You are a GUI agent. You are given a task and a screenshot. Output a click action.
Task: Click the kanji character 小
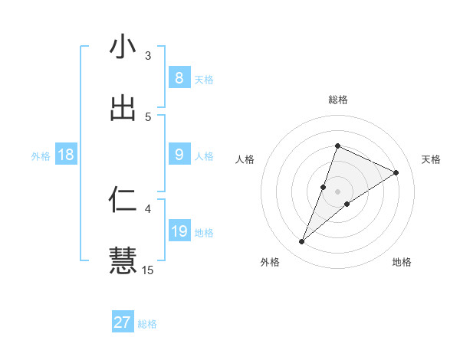coord(123,47)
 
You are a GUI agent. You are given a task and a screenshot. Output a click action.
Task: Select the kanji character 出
coord(123,108)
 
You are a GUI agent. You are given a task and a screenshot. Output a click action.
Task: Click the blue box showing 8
coord(179,78)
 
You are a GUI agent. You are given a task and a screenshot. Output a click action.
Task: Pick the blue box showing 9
coord(179,155)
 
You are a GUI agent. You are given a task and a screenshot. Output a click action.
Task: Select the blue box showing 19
coord(179,231)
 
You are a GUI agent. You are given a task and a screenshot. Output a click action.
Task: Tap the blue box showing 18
coord(66,155)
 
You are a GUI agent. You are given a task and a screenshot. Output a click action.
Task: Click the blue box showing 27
coord(123,322)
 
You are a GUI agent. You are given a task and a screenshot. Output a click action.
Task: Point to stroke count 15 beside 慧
coord(148,270)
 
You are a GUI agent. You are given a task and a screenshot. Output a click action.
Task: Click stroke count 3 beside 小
coord(148,55)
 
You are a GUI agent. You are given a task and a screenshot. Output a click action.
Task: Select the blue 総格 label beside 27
coord(147,324)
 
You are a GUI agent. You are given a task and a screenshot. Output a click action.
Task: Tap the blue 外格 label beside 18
coord(41,155)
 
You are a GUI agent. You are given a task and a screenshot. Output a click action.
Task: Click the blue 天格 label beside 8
coord(204,79)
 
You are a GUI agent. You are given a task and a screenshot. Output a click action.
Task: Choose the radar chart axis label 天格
coord(432,159)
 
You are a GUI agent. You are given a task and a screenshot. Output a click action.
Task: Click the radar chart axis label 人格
coord(245,159)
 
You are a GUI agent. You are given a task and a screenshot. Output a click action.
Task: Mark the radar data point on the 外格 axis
coord(301,242)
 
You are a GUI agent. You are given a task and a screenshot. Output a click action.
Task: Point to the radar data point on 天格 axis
coord(396,172)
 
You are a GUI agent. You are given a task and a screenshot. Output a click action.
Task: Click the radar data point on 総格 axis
coord(337,146)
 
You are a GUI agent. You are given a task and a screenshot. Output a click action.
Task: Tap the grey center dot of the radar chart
coord(337,191)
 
